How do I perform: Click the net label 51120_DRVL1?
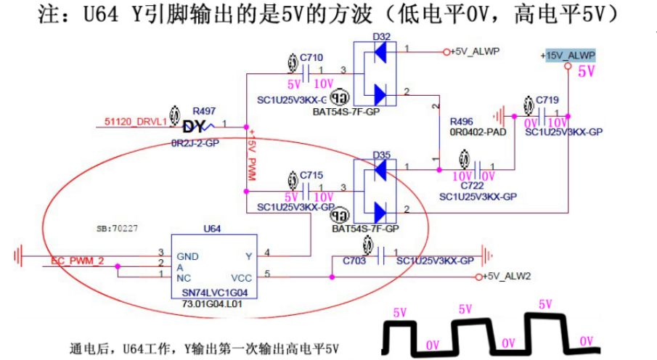pos(135,122)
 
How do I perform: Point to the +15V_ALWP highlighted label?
pos(568,56)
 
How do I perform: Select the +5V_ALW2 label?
pos(507,277)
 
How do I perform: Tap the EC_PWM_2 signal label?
pos(77,261)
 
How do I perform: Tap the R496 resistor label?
pos(462,121)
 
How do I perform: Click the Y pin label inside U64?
pos(248,255)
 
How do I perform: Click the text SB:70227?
pos(118,227)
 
